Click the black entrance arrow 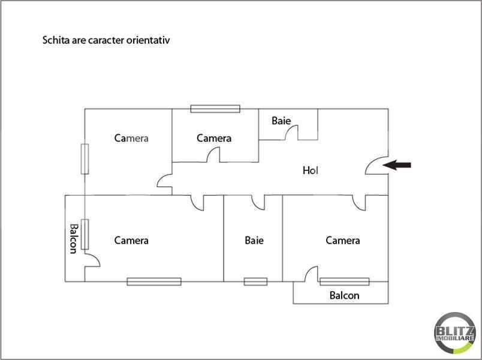tap(398, 164)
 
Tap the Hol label tap(310, 170)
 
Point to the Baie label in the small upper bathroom tap(281, 121)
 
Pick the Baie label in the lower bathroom tap(254, 241)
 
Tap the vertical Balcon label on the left tap(73, 238)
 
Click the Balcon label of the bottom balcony tap(345, 295)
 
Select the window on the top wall tap(215, 109)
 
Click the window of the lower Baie tap(255, 281)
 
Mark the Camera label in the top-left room tap(131, 138)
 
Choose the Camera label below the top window tap(214, 138)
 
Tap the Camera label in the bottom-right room tap(343, 241)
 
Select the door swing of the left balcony tap(92, 259)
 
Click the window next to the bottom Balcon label tap(344, 281)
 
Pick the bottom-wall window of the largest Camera tap(154, 281)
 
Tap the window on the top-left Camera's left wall tap(85, 159)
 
